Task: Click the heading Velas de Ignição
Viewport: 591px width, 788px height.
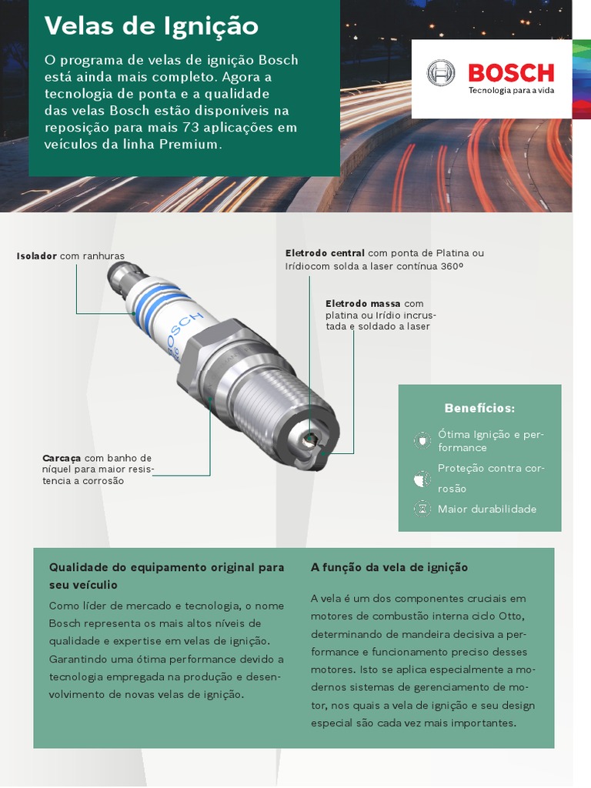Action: click(x=152, y=27)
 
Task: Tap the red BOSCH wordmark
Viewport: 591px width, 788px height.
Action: click(x=511, y=73)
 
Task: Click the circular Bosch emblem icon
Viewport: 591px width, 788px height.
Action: click(x=442, y=74)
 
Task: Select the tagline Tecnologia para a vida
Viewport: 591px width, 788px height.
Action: click(x=511, y=91)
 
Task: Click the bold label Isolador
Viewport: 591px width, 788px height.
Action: click(x=37, y=255)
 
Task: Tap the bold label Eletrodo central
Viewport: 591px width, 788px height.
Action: click(x=325, y=253)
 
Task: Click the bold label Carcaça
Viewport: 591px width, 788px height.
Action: click(x=62, y=459)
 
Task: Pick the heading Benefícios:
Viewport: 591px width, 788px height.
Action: click(x=479, y=408)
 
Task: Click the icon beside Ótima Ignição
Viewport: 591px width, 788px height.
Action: click(x=422, y=440)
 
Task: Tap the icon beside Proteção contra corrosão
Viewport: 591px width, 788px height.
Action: click(x=422, y=479)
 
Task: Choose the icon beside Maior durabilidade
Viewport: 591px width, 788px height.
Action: click(x=422, y=509)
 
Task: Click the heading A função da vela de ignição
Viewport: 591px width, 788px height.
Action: click(x=389, y=567)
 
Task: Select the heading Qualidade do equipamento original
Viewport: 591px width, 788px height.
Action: click(x=166, y=567)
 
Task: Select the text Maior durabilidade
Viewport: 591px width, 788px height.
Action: click(x=487, y=509)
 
